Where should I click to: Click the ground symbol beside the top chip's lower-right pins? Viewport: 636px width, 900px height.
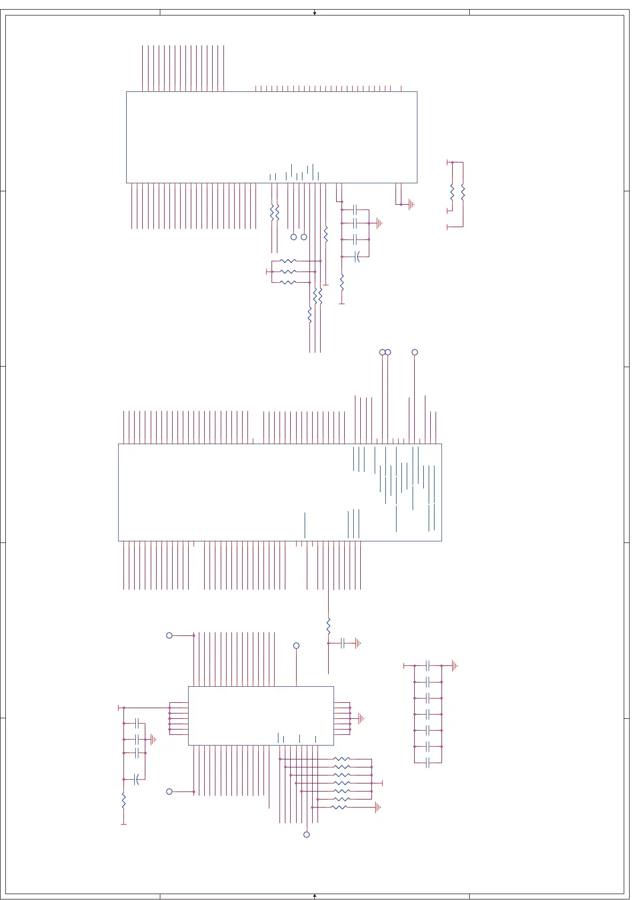pos(411,204)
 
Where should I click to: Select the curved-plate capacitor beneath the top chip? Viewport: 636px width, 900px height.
pos(358,257)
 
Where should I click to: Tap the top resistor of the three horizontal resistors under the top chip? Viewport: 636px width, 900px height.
pos(288,261)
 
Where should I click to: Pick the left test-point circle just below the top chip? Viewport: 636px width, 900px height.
pos(293,237)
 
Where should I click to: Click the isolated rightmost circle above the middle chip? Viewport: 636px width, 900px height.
pos(415,352)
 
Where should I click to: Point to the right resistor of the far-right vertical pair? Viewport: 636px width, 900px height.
pos(463,192)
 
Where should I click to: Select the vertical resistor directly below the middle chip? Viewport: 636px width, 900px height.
pos(328,626)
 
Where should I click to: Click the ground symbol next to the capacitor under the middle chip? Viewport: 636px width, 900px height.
pos(358,643)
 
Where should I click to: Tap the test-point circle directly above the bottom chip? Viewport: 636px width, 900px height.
pos(297,646)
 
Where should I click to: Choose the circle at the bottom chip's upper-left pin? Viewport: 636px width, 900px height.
pos(169,635)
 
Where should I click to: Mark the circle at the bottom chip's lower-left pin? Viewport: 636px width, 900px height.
pos(169,792)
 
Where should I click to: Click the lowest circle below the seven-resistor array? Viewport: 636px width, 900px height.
pos(306,834)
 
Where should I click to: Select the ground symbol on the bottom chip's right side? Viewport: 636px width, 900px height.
pos(361,718)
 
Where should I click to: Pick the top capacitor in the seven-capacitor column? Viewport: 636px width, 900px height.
pos(428,665)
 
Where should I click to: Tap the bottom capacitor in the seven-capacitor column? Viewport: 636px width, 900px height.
pos(428,763)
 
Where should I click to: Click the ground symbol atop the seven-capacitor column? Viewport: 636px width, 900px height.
pos(454,665)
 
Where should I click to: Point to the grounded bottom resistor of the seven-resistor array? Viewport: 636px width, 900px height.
pos(340,807)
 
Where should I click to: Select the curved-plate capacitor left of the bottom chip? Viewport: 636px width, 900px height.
pos(137,779)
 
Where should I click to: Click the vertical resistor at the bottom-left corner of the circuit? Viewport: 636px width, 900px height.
pos(123,801)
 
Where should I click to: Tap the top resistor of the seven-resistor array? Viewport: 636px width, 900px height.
pos(342,759)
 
